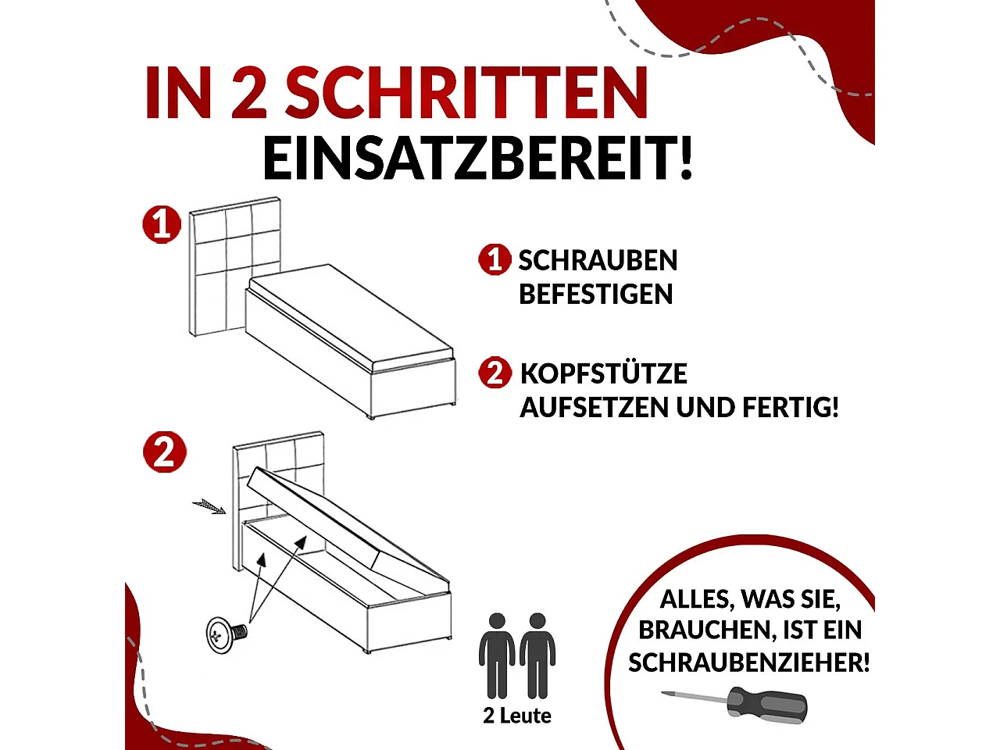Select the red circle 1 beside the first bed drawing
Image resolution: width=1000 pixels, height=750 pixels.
pyautogui.click(x=162, y=225)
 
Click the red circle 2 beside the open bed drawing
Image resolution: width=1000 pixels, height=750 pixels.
pyautogui.click(x=164, y=452)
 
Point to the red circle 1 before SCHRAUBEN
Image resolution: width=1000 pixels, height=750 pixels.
pyautogui.click(x=495, y=260)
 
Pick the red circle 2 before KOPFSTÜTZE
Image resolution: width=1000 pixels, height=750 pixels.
pyautogui.click(x=495, y=373)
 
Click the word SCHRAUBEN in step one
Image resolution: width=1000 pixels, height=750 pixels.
pyautogui.click(x=598, y=261)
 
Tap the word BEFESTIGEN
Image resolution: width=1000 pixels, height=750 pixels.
pyautogui.click(x=595, y=295)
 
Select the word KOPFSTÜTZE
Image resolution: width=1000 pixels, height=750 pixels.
pyautogui.click(x=603, y=373)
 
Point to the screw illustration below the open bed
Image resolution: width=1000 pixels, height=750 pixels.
pyautogui.click(x=226, y=634)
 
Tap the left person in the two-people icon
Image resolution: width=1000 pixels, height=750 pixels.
pyautogui.click(x=496, y=655)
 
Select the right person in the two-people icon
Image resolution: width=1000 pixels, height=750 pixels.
pyautogui.click(x=537, y=655)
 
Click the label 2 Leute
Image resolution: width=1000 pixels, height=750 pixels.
pyautogui.click(x=517, y=716)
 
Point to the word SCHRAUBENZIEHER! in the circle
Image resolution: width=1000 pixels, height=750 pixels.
pyautogui.click(x=748, y=662)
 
